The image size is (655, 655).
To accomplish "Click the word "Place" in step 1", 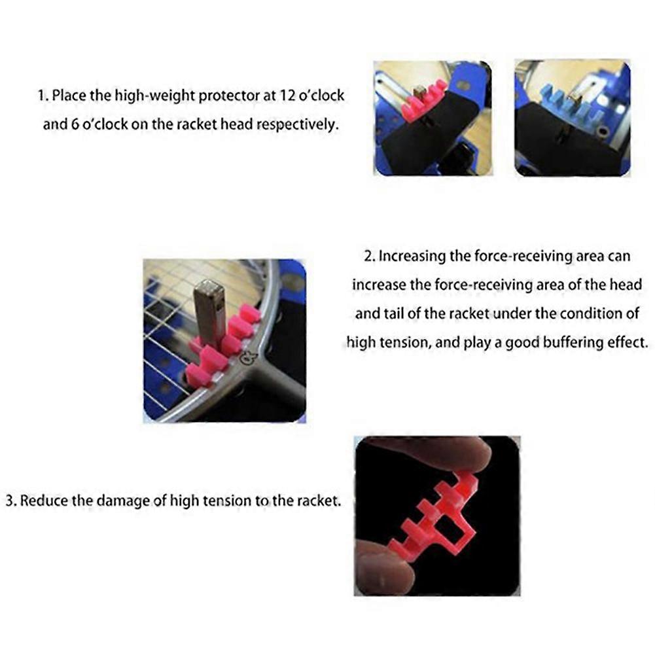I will tap(68, 96).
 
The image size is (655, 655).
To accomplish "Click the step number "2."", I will tap(369, 256).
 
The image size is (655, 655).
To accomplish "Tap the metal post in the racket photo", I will tap(210, 308).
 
